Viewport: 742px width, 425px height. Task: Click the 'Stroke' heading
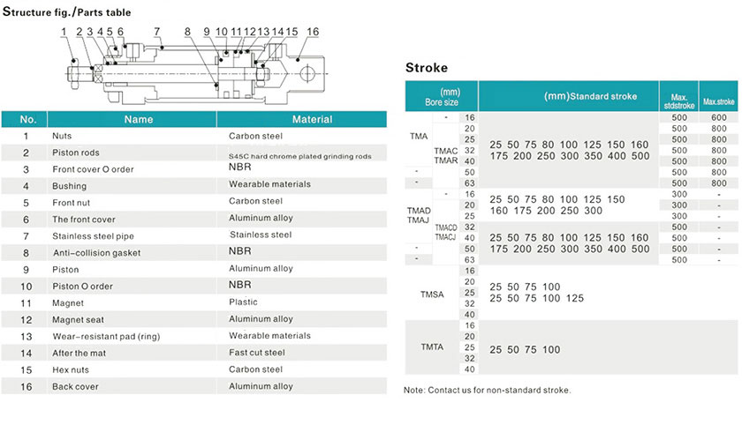[x=427, y=68]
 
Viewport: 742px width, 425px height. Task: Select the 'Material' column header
[x=312, y=119]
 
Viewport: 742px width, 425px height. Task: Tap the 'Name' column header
[x=139, y=119]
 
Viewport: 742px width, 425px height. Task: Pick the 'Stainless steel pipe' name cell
[x=92, y=235]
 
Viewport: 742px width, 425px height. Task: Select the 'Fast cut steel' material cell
[x=256, y=353]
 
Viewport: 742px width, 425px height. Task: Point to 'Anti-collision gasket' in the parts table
[x=96, y=252]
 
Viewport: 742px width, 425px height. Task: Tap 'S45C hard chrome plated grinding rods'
[x=300, y=155]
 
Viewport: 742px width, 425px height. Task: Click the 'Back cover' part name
[x=75, y=386]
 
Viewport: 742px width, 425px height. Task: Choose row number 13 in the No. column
[x=26, y=336]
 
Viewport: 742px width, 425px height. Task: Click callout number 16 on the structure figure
[x=312, y=32]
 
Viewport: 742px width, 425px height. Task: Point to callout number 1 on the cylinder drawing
[x=64, y=32]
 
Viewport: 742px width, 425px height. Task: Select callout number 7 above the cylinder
[x=157, y=32]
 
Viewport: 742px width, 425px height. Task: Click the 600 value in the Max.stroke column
[x=718, y=117]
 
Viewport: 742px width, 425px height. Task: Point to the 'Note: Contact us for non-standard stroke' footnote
[x=488, y=390]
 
